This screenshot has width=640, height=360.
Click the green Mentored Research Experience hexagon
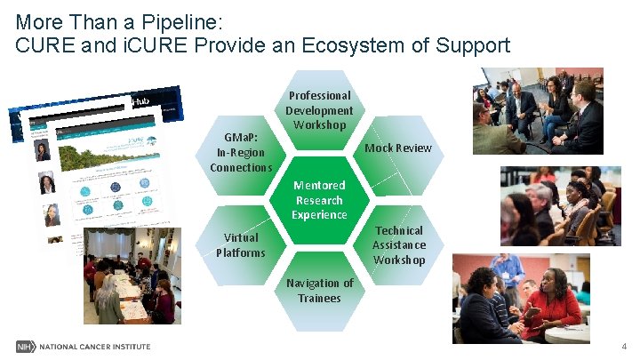pos(319,199)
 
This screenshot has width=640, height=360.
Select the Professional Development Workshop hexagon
pos(319,111)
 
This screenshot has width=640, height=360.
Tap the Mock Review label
pos(398,148)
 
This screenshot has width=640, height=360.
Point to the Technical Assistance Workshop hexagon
pos(398,245)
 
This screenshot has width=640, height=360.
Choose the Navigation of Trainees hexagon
pos(319,290)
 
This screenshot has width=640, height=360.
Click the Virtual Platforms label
pos(241,244)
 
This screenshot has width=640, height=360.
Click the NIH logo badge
pos(24,346)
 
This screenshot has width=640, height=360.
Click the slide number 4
pos(624,346)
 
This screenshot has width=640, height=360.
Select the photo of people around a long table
pos(131,276)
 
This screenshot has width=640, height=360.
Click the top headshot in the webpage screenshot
pos(43,151)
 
